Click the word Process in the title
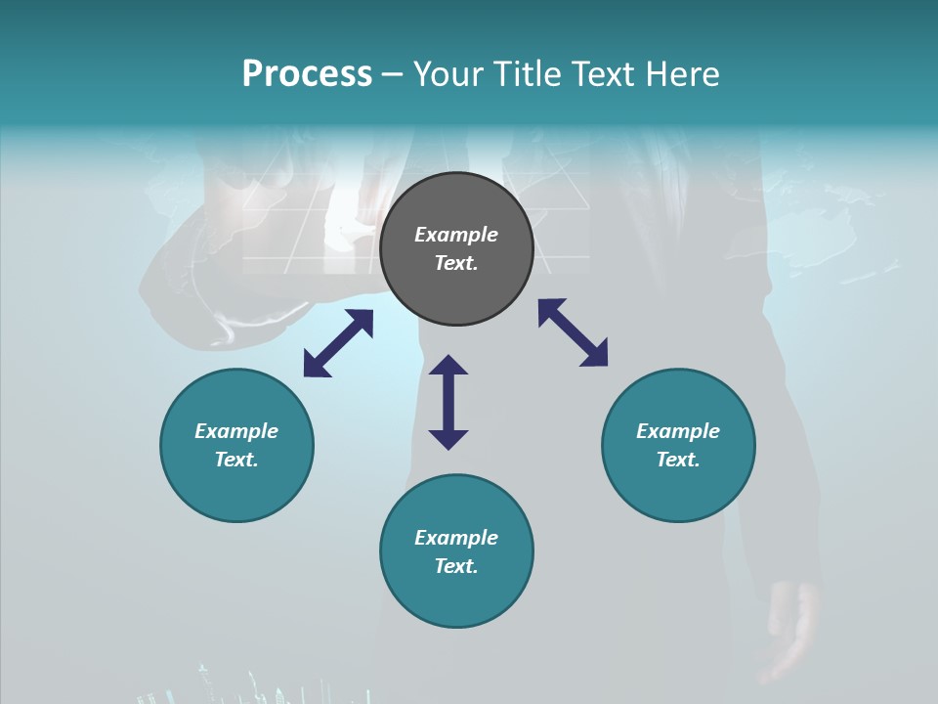click(x=307, y=74)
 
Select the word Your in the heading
click(x=451, y=74)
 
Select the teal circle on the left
click(x=236, y=489)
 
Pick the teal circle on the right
click(x=678, y=489)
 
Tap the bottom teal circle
click(x=456, y=596)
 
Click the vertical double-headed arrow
click(x=448, y=402)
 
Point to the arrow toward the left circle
click(x=338, y=343)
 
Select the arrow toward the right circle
click(x=573, y=332)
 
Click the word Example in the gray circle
click(x=456, y=235)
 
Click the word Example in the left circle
click(x=236, y=431)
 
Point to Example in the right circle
click(x=678, y=431)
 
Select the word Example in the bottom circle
click(x=456, y=538)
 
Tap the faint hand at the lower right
click(x=793, y=626)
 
